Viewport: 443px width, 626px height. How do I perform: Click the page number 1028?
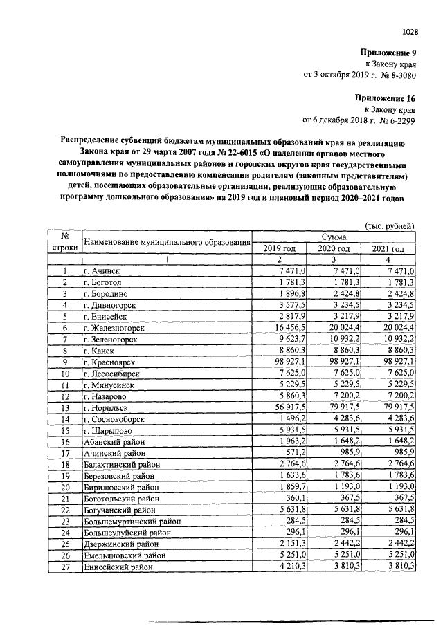(x=410, y=31)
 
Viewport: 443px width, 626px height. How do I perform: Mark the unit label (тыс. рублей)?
(x=389, y=225)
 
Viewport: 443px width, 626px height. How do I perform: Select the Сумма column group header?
(x=334, y=237)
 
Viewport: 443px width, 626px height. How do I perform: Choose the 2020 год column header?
(x=334, y=248)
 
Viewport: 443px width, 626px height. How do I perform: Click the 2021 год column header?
(x=388, y=248)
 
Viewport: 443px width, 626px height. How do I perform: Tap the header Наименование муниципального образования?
(x=166, y=242)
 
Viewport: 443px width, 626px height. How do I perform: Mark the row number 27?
(x=64, y=567)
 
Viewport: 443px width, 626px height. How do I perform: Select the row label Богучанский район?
(x=121, y=510)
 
